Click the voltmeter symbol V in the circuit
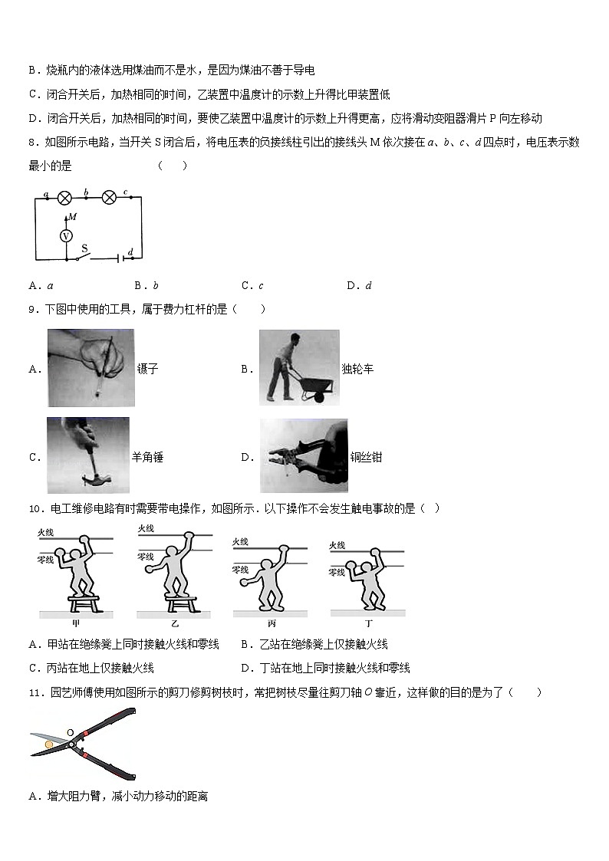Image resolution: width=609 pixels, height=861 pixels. [x=66, y=236]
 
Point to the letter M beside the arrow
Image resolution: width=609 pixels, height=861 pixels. [x=72, y=217]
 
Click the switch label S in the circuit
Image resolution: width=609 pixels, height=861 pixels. [x=84, y=248]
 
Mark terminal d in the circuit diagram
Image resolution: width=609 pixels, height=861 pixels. [x=131, y=251]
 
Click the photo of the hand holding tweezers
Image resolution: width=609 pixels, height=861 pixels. [x=91, y=367]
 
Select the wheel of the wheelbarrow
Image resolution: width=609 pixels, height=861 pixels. [x=313, y=395]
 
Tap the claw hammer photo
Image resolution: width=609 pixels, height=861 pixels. [x=88, y=455]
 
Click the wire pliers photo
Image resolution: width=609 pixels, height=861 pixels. [x=304, y=455]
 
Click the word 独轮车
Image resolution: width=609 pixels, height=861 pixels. [x=358, y=370]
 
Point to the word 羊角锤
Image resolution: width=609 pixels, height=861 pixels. [x=148, y=458]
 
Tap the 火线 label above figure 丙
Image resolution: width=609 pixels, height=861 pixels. [x=241, y=542]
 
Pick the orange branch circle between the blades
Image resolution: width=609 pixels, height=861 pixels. [x=49, y=743]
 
